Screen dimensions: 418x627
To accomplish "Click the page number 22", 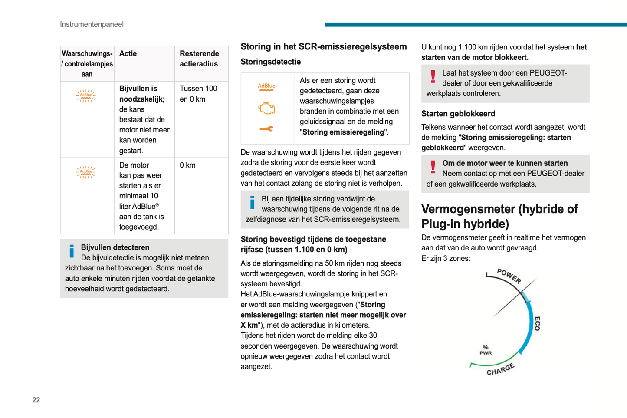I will [x=36, y=400].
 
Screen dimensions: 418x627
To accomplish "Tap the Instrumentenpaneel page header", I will [x=92, y=24].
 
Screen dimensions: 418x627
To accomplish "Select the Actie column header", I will [x=128, y=54].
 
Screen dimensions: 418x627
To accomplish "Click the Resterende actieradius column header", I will [x=199, y=59].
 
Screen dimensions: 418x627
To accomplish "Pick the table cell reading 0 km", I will [x=187, y=165].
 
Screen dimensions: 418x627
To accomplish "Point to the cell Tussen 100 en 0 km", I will [x=198, y=94].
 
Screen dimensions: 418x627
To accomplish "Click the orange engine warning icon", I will [x=267, y=108].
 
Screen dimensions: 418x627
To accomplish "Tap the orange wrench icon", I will [x=266, y=128].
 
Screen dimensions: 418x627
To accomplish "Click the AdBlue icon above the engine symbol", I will [x=266, y=87].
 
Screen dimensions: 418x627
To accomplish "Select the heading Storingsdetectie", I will [x=270, y=62].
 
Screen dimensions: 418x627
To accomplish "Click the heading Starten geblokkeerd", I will [x=458, y=114].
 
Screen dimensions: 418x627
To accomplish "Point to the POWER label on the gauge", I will [x=509, y=276].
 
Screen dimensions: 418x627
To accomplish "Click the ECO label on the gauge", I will [x=537, y=324].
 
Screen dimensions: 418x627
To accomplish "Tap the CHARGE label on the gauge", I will [x=500, y=369].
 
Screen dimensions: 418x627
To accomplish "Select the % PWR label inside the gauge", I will [x=486, y=350].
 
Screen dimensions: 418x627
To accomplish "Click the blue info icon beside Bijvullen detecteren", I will [x=72, y=251].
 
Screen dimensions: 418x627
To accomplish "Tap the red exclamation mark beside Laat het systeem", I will [x=433, y=77].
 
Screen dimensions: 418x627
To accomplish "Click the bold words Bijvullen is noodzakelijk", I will [x=138, y=94].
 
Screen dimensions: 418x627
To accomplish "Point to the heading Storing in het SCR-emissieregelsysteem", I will [x=324, y=47].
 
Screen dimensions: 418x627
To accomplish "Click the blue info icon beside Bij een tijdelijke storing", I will [x=252, y=202].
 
